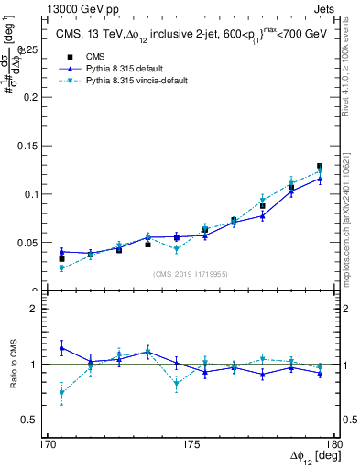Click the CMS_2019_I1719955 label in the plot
click(191, 273)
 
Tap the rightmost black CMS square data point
click(320, 167)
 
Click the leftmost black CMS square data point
click(61, 259)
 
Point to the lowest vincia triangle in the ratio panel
click(61, 393)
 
